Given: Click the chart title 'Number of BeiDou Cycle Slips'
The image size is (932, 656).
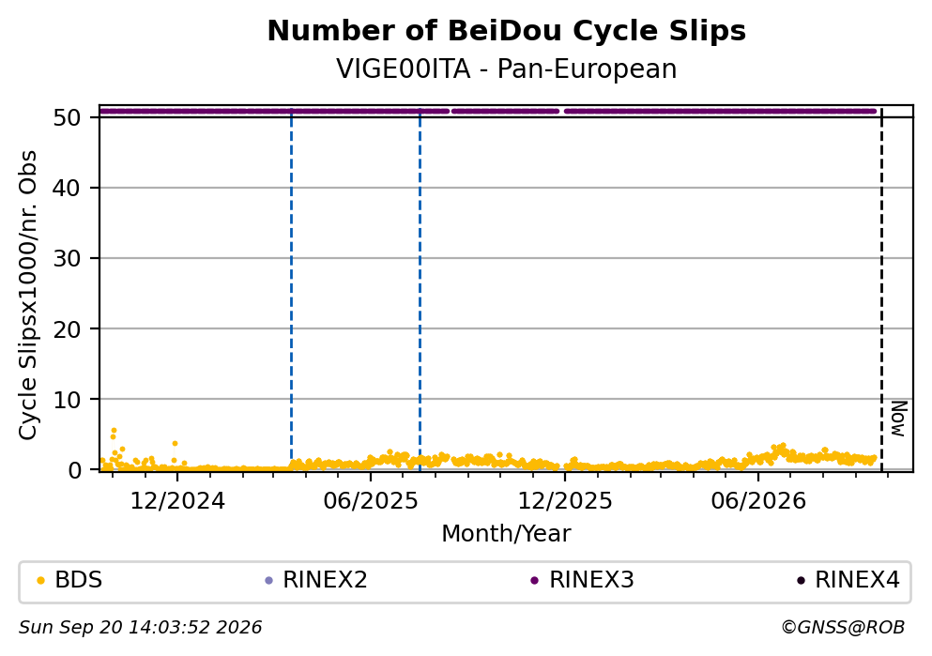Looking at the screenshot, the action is [507, 31].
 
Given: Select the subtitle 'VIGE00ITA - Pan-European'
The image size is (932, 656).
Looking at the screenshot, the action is [507, 69].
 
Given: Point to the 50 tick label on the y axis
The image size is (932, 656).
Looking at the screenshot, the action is [68, 117].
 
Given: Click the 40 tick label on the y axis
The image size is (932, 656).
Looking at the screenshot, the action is [68, 189].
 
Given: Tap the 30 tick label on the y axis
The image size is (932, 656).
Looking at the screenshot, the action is [68, 258].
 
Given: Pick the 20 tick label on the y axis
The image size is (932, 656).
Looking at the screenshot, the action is [68, 329].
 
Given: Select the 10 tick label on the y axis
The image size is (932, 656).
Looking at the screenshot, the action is [68, 399].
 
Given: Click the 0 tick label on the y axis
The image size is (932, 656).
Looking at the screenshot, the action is [74, 470].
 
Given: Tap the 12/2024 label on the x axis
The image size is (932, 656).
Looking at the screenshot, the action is [177, 501].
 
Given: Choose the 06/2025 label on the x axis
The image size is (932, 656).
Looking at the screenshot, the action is [371, 501].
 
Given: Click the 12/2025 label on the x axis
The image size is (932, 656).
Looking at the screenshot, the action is [565, 501].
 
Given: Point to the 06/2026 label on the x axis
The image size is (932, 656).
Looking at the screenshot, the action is [758, 501].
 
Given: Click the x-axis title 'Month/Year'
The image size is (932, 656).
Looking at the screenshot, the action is [507, 534].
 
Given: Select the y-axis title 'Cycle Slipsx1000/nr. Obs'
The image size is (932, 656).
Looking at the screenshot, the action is [27, 296].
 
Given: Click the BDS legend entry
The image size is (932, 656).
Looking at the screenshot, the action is [69, 580].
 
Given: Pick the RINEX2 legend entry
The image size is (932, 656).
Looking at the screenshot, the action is [316, 580].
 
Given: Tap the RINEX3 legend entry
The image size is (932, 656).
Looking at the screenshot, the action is [583, 580].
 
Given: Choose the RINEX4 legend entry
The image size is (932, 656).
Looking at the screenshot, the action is [848, 580].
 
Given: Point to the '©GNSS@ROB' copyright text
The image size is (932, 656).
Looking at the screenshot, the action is [843, 628].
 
